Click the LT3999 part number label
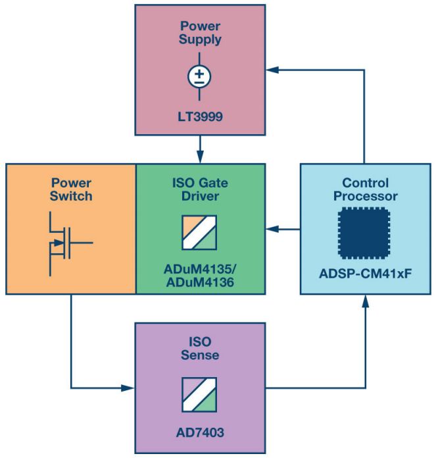[x=200, y=117]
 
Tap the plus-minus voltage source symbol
[x=200, y=77]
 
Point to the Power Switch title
[x=70, y=189]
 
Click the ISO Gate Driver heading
[x=201, y=189]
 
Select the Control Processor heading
[x=365, y=189]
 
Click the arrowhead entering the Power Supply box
[x=270, y=69]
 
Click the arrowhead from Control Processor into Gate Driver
[x=270, y=229]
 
